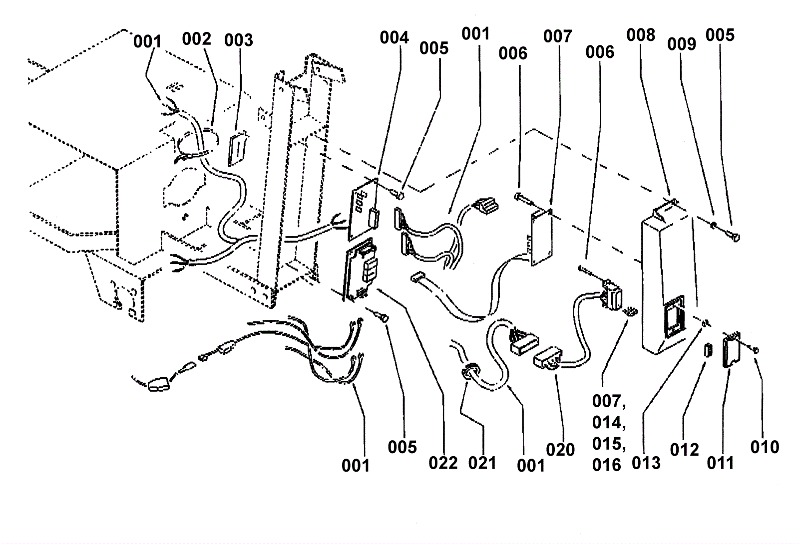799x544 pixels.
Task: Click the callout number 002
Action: tap(196, 39)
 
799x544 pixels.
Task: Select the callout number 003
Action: tap(238, 40)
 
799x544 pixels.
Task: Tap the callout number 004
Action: tap(394, 37)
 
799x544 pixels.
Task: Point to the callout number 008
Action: tap(641, 35)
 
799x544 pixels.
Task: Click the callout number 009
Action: tap(682, 44)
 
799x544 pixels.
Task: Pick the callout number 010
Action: tap(765, 447)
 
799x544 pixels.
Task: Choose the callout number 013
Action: tap(646, 463)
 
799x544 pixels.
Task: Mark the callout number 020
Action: tap(560, 450)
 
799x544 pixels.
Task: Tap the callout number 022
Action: tap(443, 463)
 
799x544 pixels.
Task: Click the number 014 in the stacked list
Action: tap(608, 423)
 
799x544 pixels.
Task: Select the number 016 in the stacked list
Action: tap(607, 465)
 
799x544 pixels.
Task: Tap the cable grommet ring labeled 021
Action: tap(469, 372)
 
